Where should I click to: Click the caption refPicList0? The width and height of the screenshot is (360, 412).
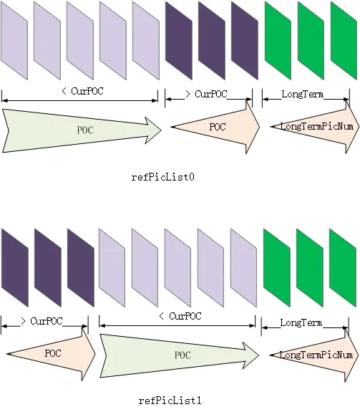click(x=162, y=177)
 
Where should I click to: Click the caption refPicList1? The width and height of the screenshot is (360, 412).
click(x=170, y=401)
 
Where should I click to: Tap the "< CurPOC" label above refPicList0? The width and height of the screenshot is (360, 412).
click(x=82, y=91)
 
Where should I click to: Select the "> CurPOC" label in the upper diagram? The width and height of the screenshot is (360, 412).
click(x=206, y=94)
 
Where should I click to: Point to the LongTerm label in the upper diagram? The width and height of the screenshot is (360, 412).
click(x=302, y=94)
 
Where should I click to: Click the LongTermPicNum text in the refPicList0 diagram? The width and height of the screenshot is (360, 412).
click(x=317, y=126)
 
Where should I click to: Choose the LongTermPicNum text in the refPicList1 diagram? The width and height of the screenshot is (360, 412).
click(x=316, y=355)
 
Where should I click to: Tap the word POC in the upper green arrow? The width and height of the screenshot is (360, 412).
click(x=85, y=130)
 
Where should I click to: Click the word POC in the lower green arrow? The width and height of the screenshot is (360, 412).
click(x=183, y=355)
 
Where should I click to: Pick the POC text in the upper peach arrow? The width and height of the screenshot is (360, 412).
click(x=218, y=127)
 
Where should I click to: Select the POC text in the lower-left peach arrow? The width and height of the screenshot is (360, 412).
click(x=53, y=353)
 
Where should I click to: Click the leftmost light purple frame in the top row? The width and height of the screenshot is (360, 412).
click(x=14, y=40)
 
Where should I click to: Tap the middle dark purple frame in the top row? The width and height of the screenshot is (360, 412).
click(x=212, y=40)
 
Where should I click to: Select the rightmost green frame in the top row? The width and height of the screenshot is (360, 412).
click(x=344, y=40)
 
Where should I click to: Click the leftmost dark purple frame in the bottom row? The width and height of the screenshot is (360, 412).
click(x=15, y=267)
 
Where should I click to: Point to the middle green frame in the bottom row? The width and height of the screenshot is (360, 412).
click(x=310, y=267)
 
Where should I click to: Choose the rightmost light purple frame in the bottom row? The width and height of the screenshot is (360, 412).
click(x=243, y=267)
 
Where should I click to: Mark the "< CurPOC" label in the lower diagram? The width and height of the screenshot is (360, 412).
click(x=180, y=316)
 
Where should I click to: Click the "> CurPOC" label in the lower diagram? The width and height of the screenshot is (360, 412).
click(x=42, y=321)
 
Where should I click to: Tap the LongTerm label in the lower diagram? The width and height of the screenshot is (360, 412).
click(x=301, y=322)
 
